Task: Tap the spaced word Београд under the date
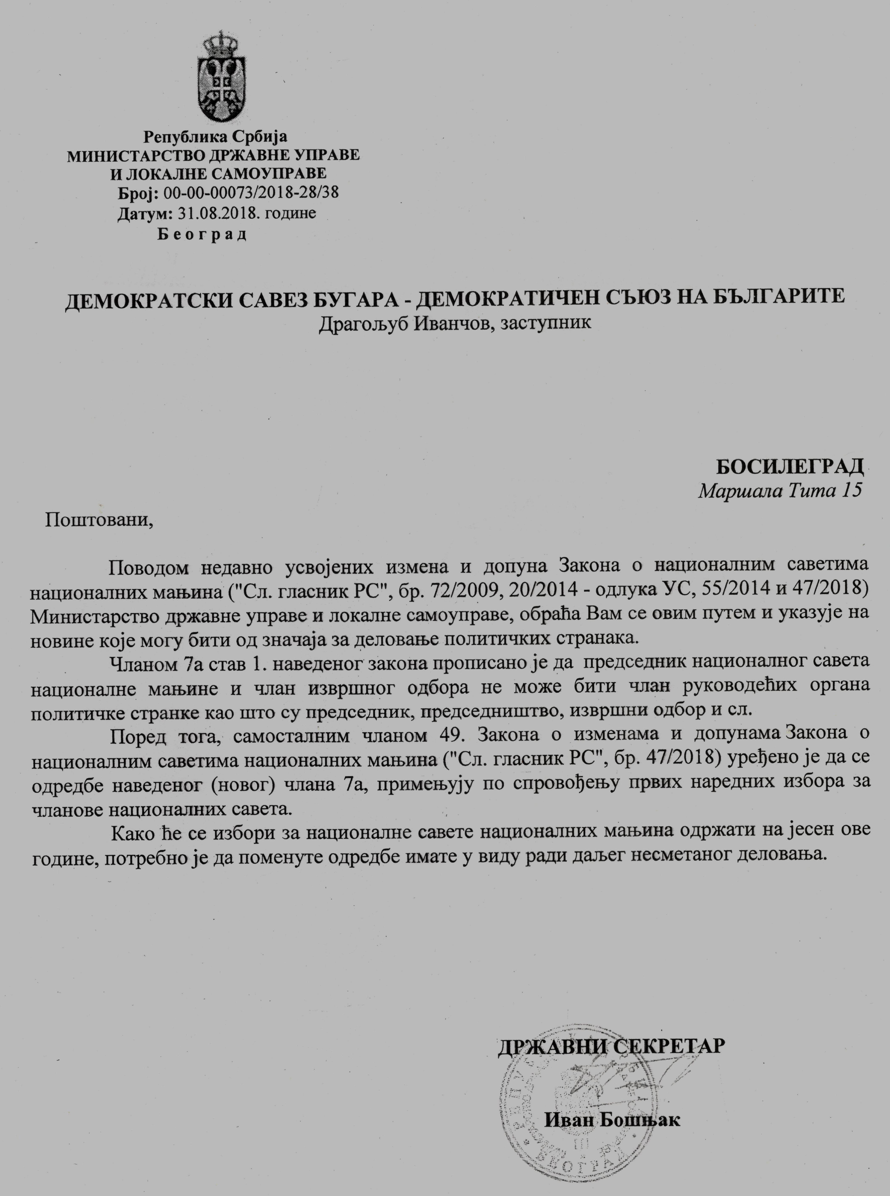(x=202, y=235)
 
